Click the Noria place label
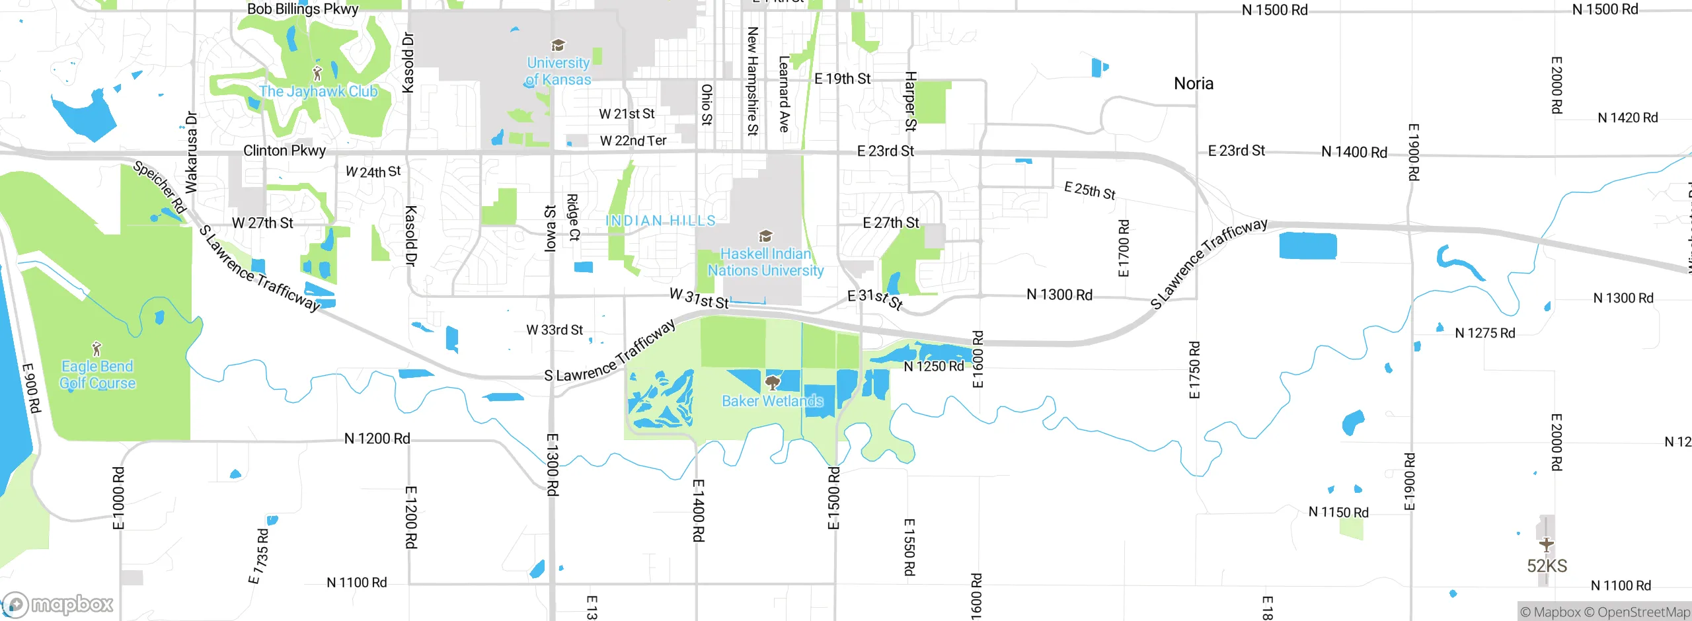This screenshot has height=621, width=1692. pyautogui.click(x=1194, y=84)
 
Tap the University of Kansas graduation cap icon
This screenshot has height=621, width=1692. pyautogui.click(x=558, y=45)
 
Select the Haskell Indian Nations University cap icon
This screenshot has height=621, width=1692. pyautogui.click(x=765, y=236)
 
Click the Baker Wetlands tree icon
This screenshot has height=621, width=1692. pyautogui.click(x=772, y=383)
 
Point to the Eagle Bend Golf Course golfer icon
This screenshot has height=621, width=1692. pyautogui.click(x=97, y=348)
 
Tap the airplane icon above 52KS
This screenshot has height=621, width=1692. pyautogui.click(x=1546, y=544)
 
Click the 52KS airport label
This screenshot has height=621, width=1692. pyautogui.click(x=1547, y=566)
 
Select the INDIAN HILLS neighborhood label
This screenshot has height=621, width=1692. pyautogui.click(x=660, y=221)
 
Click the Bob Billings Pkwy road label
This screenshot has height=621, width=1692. pyautogui.click(x=303, y=9)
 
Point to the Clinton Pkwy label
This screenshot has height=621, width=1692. pyautogui.click(x=285, y=151)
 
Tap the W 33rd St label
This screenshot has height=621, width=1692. pyautogui.click(x=555, y=330)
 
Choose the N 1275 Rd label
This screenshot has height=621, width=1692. pyautogui.click(x=1485, y=334)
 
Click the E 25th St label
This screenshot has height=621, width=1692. pyautogui.click(x=1090, y=191)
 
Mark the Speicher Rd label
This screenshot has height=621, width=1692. pyautogui.click(x=159, y=187)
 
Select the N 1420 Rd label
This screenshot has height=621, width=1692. pyautogui.click(x=1627, y=118)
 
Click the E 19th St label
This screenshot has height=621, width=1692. pyautogui.click(x=843, y=79)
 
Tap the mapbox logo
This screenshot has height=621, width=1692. pyautogui.click(x=58, y=604)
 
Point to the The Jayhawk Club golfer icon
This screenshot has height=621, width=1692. pyautogui.click(x=317, y=73)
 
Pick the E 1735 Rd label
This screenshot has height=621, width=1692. pyautogui.click(x=259, y=556)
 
